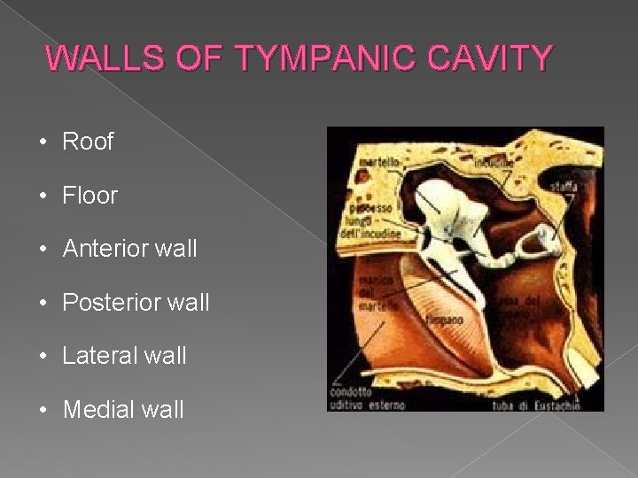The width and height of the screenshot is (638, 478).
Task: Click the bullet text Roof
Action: coord(88,142)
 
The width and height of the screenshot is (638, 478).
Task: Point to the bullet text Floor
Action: coord(89,196)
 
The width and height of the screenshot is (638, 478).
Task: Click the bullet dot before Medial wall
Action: coord(51,410)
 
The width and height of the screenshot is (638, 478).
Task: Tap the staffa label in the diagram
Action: coord(564,188)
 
